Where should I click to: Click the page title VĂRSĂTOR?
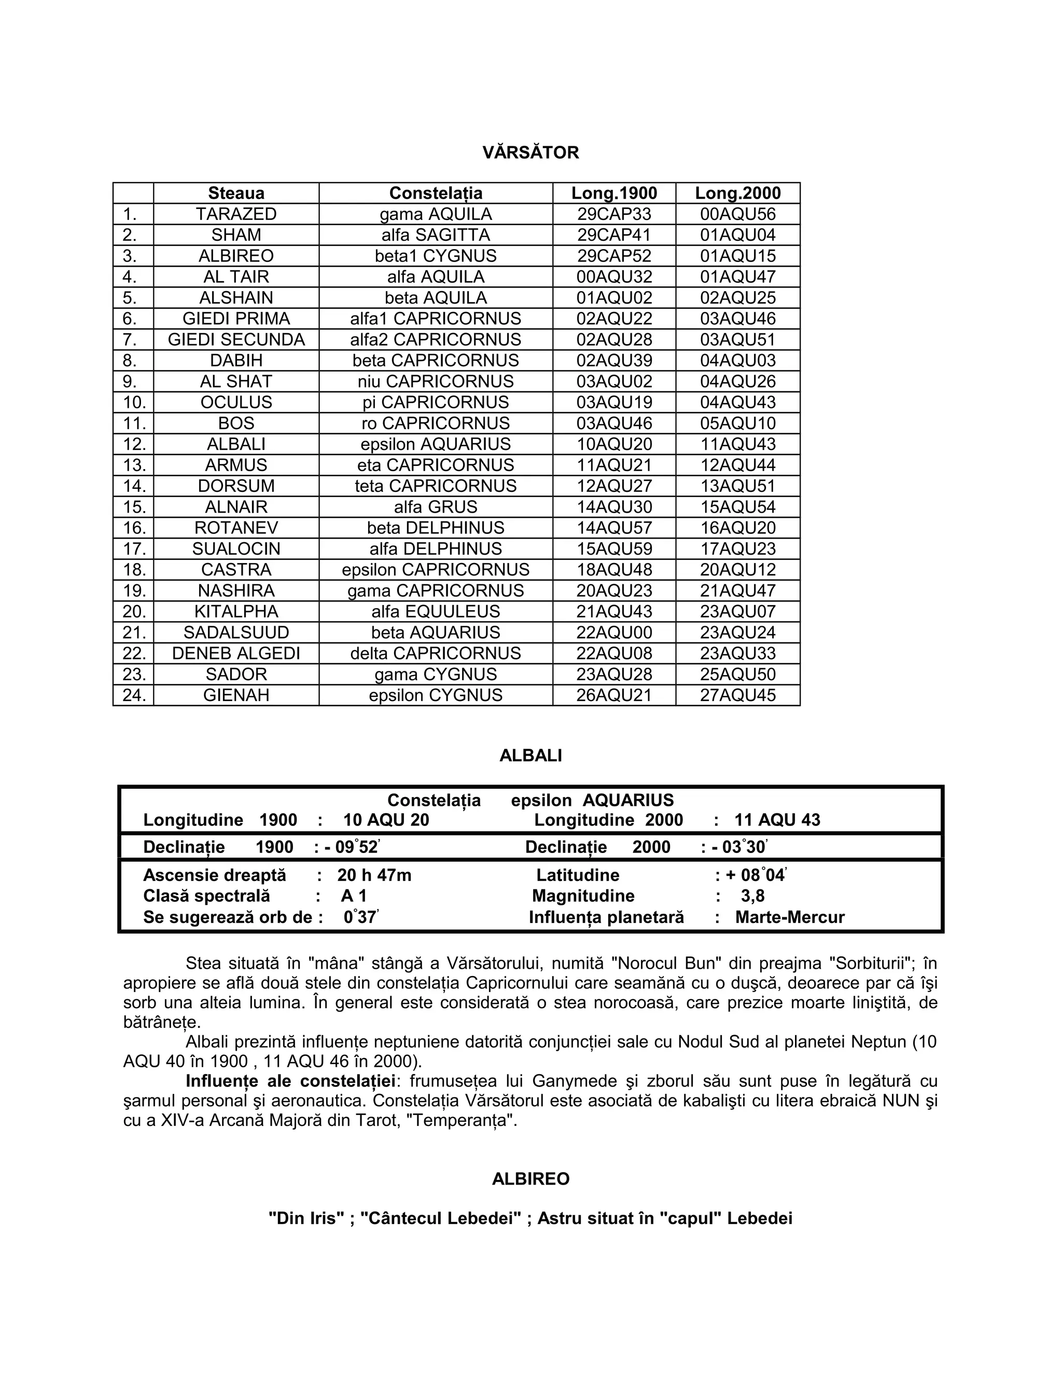(530, 153)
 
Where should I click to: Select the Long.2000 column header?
(737, 194)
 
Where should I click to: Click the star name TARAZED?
(236, 214)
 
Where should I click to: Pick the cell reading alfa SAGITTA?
(436, 235)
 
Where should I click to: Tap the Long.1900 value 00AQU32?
(614, 277)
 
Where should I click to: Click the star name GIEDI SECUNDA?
(236, 339)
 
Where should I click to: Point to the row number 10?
(134, 402)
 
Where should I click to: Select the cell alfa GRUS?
(436, 507)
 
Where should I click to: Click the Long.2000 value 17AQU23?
(738, 549)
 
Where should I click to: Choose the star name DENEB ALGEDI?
(236, 653)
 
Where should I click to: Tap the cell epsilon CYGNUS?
(436, 695)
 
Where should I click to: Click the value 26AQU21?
(614, 695)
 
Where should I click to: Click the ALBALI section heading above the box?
(530, 755)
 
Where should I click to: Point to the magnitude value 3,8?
(752, 896)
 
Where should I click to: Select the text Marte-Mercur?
(790, 917)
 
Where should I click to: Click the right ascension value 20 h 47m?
(374, 875)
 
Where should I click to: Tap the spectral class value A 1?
(354, 896)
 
